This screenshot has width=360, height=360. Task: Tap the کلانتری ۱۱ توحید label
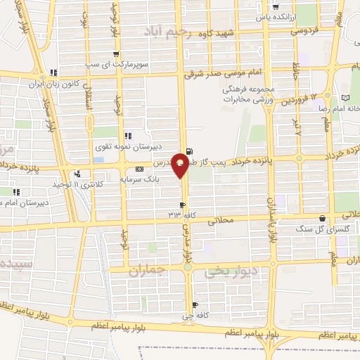click(54, 184)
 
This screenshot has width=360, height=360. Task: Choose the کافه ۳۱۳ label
click(175, 213)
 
